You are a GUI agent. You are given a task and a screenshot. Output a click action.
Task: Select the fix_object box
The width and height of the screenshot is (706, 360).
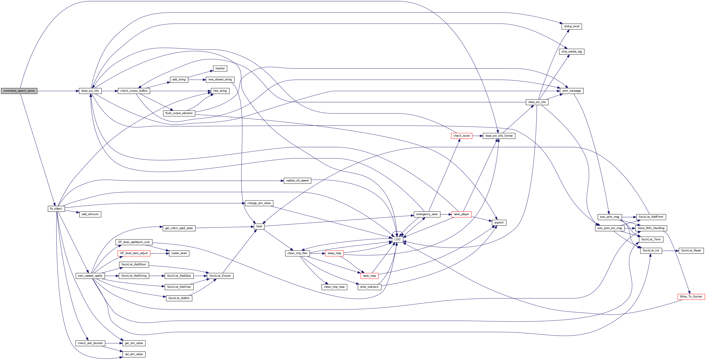pyautogui.click(x=56, y=209)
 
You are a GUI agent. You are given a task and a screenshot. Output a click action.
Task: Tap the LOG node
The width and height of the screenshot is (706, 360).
pyautogui.click(x=397, y=239)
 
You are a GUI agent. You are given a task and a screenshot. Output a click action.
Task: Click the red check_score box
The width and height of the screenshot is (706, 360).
pyautogui.click(x=462, y=136)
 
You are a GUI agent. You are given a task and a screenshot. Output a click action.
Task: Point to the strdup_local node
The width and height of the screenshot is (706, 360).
pyautogui.click(x=572, y=26)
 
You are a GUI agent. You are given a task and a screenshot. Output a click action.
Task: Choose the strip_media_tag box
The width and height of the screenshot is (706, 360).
pyautogui.click(x=572, y=52)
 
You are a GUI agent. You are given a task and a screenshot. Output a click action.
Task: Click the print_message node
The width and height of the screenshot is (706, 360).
pyautogui.click(x=572, y=91)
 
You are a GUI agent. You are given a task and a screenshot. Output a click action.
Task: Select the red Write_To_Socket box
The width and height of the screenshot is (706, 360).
pyautogui.click(x=691, y=297)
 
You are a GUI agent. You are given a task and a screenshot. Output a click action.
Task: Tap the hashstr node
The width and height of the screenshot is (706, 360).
pyautogui.click(x=220, y=68)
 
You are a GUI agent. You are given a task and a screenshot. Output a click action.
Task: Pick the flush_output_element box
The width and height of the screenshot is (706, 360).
pyautogui.click(x=179, y=113)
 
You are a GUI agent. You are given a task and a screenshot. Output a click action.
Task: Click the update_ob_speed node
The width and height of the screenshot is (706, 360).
pyautogui.click(x=297, y=181)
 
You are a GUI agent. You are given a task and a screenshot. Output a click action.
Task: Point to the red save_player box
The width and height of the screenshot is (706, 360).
pyautogui.click(x=462, y=214)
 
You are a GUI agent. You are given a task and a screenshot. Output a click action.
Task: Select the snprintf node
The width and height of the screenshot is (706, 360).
pyautogui.click(x=499, y=223)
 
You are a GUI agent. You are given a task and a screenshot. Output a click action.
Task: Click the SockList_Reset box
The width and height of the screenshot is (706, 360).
pyautogui.click(x=691, y=251)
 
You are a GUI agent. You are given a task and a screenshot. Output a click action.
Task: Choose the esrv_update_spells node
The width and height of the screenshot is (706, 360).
pyautogui.click(x=90, y=276)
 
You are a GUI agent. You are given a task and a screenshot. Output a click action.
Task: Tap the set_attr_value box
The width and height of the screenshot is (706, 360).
pyautogui.click(x=134, y=354)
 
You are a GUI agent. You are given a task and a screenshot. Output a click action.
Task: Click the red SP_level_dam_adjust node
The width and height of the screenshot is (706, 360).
pyautogui.click(x=134, y=253)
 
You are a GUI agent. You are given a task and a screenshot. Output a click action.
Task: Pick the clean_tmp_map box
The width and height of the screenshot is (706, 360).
pyautogui.click(x=334, y=287)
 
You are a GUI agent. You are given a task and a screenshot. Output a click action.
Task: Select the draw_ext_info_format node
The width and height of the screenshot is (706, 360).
pyautogui.click(x=499, y=136)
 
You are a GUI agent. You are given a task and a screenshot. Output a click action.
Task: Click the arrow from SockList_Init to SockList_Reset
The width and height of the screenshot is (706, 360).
pyautogui.click(x=670, y=251)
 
